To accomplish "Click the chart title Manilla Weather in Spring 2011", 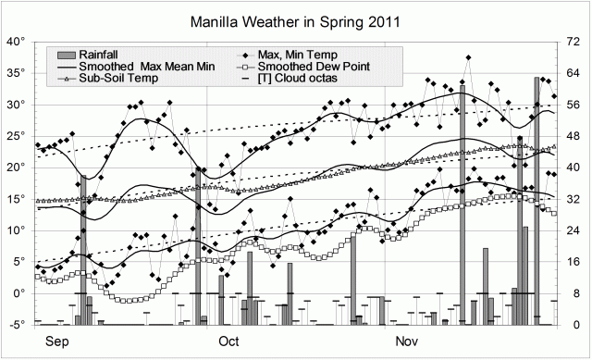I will (x=295, y=20).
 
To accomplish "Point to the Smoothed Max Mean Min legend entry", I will (x=120, y=67).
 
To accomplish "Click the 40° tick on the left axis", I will (x=16, y=42).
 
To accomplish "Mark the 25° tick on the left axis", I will (x=16, y=136).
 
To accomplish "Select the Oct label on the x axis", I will (x=228, y=341).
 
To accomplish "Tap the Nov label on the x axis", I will (x=407, y=341).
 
